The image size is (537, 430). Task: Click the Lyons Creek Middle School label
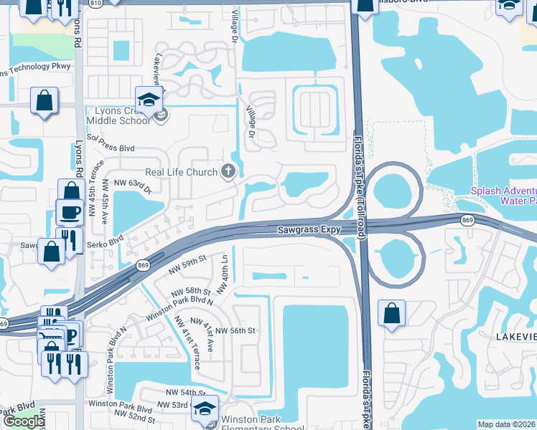[118, 115]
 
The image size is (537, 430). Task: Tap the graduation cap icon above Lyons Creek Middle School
[149, 100]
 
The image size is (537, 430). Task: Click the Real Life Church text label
[181, 172]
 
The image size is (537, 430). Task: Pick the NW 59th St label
[187, 266]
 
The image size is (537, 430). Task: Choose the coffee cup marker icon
[70, 212]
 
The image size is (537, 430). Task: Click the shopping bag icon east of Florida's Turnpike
[391, 313]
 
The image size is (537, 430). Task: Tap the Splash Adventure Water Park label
[503, 196]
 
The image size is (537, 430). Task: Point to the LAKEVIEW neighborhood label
[513, 335]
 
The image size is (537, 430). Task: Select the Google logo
[23, 421]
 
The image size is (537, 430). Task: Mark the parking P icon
[73, 334]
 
